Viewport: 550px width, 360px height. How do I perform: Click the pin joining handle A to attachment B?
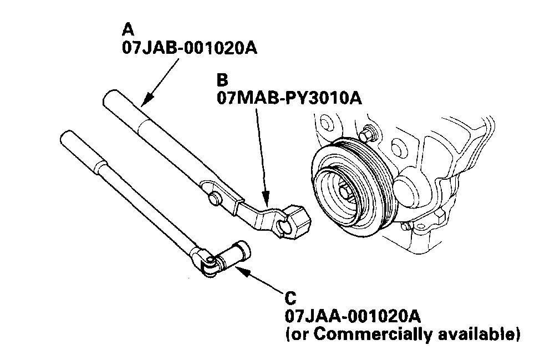[x=213, y=197]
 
